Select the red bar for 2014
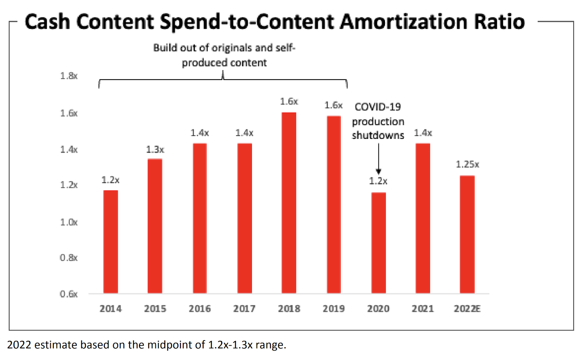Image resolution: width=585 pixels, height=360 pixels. pos(111,242)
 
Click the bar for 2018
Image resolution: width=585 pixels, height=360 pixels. pos(289,203)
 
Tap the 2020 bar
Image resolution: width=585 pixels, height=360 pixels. pos(378,243)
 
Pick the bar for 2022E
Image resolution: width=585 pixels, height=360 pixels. pos(467,234)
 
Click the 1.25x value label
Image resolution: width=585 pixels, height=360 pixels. pos(467,164)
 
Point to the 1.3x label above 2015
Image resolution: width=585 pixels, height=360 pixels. pos(155,149)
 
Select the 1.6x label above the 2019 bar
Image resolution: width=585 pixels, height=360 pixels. pos(333,105)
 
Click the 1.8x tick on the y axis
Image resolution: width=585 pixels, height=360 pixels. pos(69,76)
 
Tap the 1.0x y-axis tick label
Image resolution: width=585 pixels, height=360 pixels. pos(69,222)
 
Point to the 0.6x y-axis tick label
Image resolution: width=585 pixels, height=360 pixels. pos(69,294)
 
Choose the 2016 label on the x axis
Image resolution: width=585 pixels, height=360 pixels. pos(200,309)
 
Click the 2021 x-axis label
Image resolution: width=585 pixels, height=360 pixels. pos(423,309)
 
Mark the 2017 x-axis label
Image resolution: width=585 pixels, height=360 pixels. pos(244,309)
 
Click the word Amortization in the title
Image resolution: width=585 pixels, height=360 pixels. pos(404,22)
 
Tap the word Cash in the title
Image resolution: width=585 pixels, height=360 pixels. pos(47,22)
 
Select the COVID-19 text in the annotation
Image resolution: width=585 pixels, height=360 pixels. pos(378,107)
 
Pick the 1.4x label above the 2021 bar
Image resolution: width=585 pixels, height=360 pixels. pos(423,133)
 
